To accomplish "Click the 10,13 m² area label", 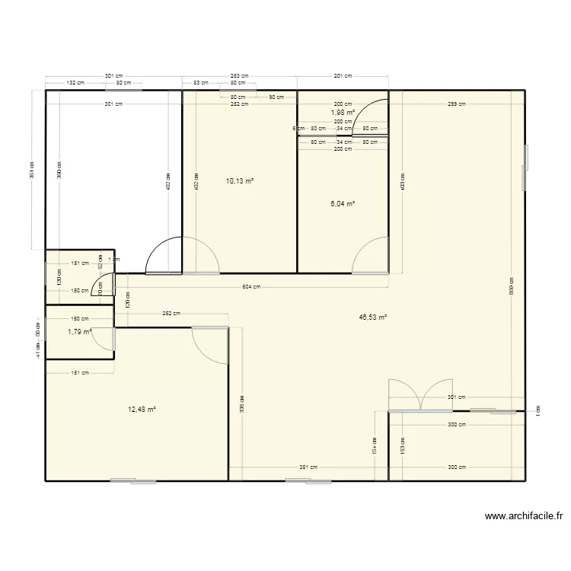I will (x=239, y=181).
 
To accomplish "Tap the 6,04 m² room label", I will (x=343, y=203).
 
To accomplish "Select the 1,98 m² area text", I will (x=343, y=113).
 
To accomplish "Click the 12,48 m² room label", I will (x=142, y=409).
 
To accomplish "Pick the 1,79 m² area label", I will (x=79, y=331).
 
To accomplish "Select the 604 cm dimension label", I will (x=252, y=287).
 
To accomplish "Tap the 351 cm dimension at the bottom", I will (x=308, y=468).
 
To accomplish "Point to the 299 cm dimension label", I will (x=456, y=104).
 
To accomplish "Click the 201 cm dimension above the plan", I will (x=343, y=76).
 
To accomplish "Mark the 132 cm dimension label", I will (x=75, y=82).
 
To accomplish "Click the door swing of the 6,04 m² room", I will (x=372, y=254).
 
